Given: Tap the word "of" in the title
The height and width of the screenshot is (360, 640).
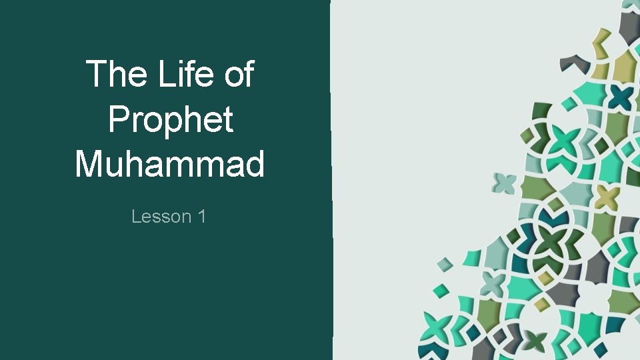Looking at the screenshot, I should [239, 74].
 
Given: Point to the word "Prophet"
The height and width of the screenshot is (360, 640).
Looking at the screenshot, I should [170, 120].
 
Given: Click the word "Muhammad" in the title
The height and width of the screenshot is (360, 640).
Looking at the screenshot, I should [170, 164].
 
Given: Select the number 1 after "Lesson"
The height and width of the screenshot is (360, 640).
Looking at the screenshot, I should [201, 216].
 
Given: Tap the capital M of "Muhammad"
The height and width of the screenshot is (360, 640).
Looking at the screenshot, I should [91, 164].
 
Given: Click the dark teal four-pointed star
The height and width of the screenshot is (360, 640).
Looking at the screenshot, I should [621, 99].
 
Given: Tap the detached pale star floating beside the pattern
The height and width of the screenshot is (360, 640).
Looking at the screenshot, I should [505, 182].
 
